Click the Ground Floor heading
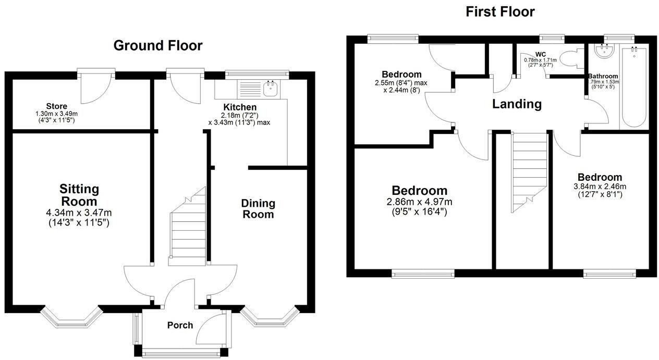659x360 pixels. pos(158,45)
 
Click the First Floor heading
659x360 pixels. pos(500,11)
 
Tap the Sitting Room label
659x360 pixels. pos(79,195)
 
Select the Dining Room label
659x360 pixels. pos(258,208)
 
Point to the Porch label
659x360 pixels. pos(180,325)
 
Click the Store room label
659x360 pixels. pos(56,106)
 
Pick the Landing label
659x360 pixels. pos(517,104)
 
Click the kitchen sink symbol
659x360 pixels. pos(271,89)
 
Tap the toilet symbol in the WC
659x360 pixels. pos(571,58)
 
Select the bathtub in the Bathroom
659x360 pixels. pos(633,89)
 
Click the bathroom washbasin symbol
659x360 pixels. pos(605,51)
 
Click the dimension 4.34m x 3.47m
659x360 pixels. pos(79,213)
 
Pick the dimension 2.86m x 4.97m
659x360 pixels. pos(420,202)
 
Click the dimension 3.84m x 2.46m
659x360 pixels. pos(600,187)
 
